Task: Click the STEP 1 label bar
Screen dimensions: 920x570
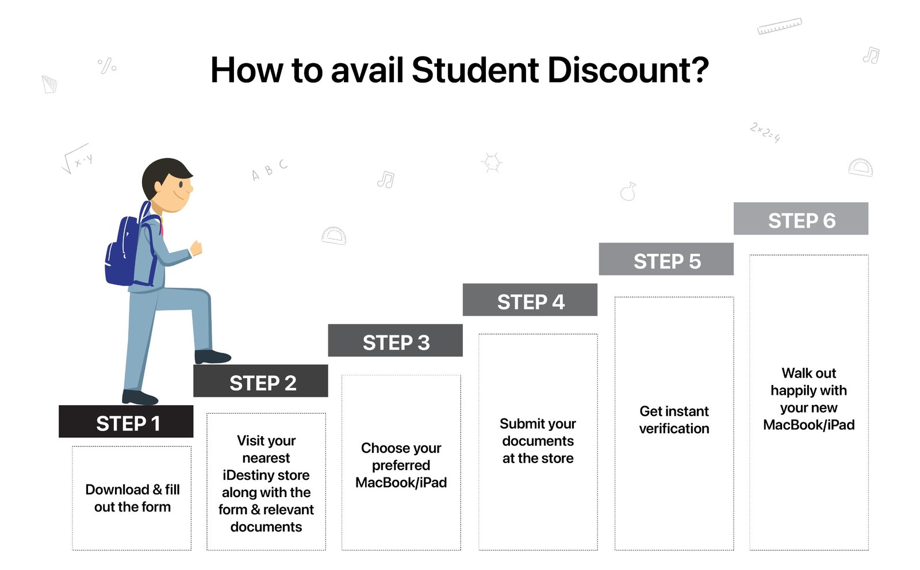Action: (x=126, y=421)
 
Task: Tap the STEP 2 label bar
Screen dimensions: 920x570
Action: (x=261, y=381)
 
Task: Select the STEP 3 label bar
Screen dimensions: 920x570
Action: (x=396, y=340)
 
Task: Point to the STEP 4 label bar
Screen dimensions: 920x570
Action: (x=530, y=299)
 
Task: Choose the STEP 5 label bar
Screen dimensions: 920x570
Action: (x=666, y=259)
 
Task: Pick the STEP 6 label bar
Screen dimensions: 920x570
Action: (x=801, y=218)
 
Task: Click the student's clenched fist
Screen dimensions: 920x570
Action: (x=196, y=248)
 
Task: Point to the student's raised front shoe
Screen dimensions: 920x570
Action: (x=212, y=357)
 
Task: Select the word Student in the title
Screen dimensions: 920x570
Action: (x=475, y=70)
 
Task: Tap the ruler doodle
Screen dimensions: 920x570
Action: (x=780, y=26)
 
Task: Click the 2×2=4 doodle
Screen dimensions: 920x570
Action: (x=765, y=133)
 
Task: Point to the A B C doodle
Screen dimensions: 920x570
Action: (x=270, y=170)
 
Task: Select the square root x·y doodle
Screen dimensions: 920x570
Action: (x=77, y=159)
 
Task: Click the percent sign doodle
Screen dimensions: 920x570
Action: (x=107, y=66)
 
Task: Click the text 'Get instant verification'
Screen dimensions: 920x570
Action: (x=674, y=420)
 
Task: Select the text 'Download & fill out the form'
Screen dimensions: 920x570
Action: (x=132, y=498)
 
